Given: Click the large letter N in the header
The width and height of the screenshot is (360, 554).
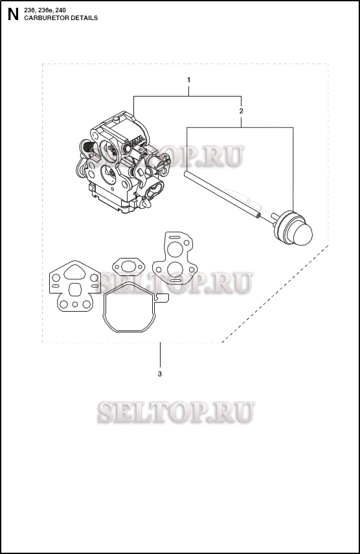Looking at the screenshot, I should [x=12, y=15].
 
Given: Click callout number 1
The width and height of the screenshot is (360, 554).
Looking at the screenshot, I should [x=188, y=79].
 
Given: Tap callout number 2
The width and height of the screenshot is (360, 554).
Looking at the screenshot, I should [x=241, y=111].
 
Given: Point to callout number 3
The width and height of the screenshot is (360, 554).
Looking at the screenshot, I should [x=160, y=374].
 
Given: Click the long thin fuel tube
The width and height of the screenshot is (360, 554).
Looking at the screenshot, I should [x=220, y=192].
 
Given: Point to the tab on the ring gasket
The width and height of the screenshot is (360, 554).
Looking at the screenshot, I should [x=163, y=298].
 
